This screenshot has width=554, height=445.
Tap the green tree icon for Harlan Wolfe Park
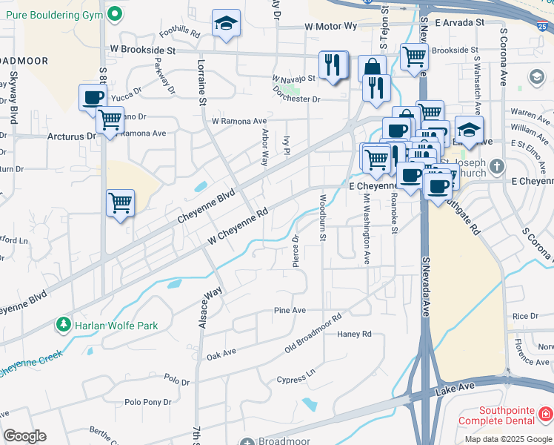click(x=64, y=325)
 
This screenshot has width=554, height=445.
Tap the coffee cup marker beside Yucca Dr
click(x=94, y=98)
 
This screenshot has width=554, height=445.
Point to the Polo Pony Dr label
click(x=148, y=402)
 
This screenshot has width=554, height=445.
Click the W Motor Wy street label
click(x=331, y=26)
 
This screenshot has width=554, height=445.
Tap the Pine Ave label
click(x=290, y=310)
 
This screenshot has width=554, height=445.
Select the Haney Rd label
click(x=354, y=334)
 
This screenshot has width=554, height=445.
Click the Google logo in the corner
click(x=24, y=436)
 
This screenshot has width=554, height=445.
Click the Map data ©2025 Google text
click(x=508, y=439)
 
